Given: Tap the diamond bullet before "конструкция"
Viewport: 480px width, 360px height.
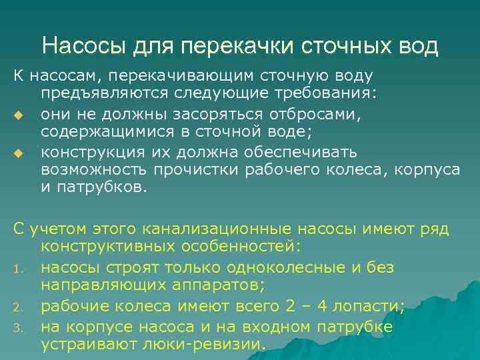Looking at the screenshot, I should (x=18, y=155).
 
